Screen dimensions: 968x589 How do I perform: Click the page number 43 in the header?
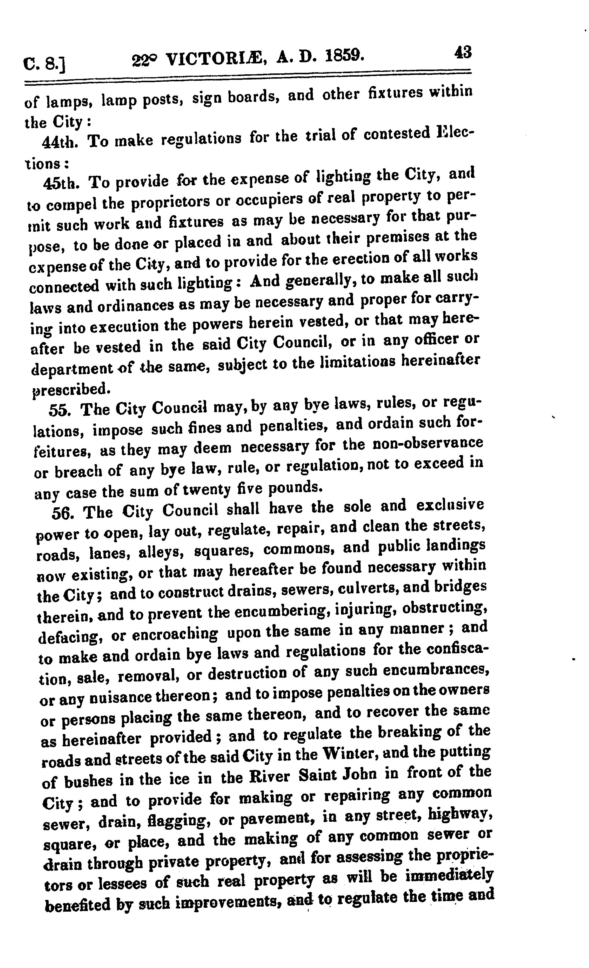click(463, 52)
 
